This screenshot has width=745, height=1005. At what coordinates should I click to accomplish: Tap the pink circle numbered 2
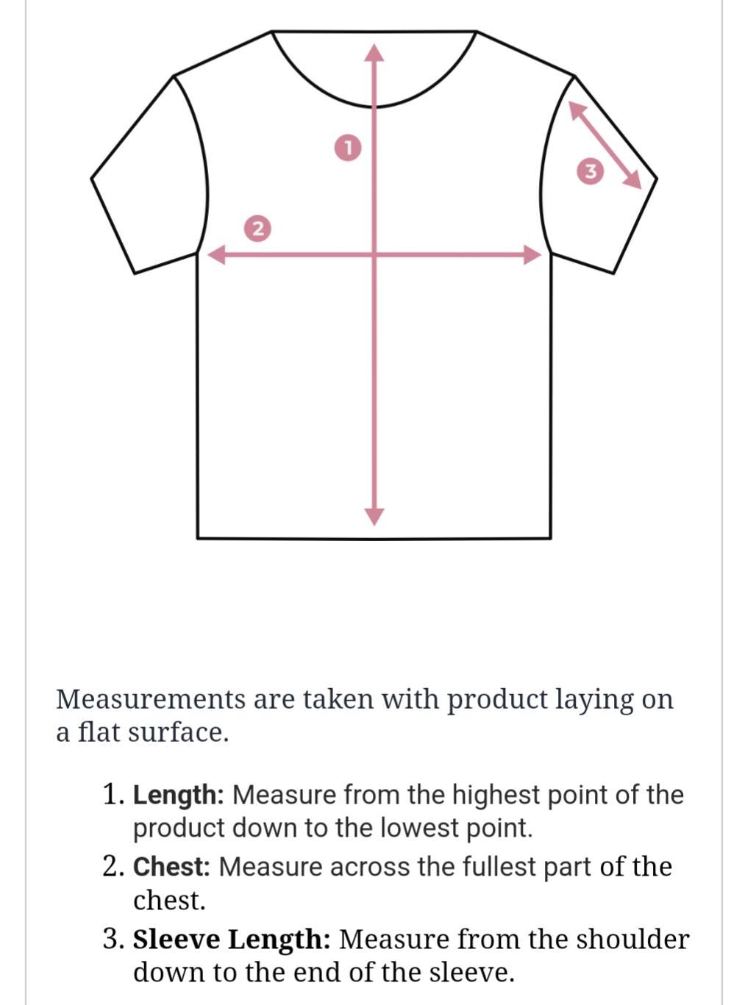(257, 229)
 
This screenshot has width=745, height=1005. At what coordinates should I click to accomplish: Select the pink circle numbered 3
(591, 171)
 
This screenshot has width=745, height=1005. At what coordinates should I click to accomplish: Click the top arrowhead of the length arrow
(374, 52)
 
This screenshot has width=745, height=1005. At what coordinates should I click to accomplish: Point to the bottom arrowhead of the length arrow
(374, 517)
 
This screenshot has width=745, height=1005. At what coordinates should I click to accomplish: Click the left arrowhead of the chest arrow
(216, 254)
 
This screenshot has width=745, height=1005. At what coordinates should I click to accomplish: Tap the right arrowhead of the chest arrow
(532, 254)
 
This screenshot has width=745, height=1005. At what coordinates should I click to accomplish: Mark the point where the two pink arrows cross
(374, 254)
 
